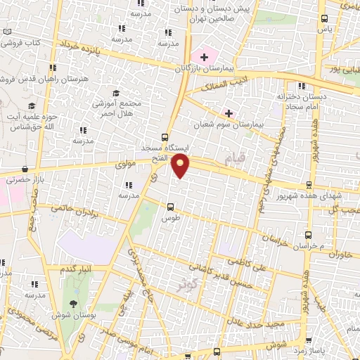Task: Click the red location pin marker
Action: coord(181,166)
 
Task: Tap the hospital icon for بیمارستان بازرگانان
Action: coord(205,56)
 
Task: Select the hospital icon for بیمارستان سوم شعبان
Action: coord(229,112)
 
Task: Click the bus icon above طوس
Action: coord(170,207)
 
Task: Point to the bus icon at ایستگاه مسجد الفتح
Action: coord(165,137)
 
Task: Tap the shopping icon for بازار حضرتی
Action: coord(25,169)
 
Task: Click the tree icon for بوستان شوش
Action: coord(73,304)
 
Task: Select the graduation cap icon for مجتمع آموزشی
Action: coord(116,93)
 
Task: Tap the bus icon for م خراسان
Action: coord(307,236)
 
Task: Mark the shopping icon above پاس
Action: coord(323,19)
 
